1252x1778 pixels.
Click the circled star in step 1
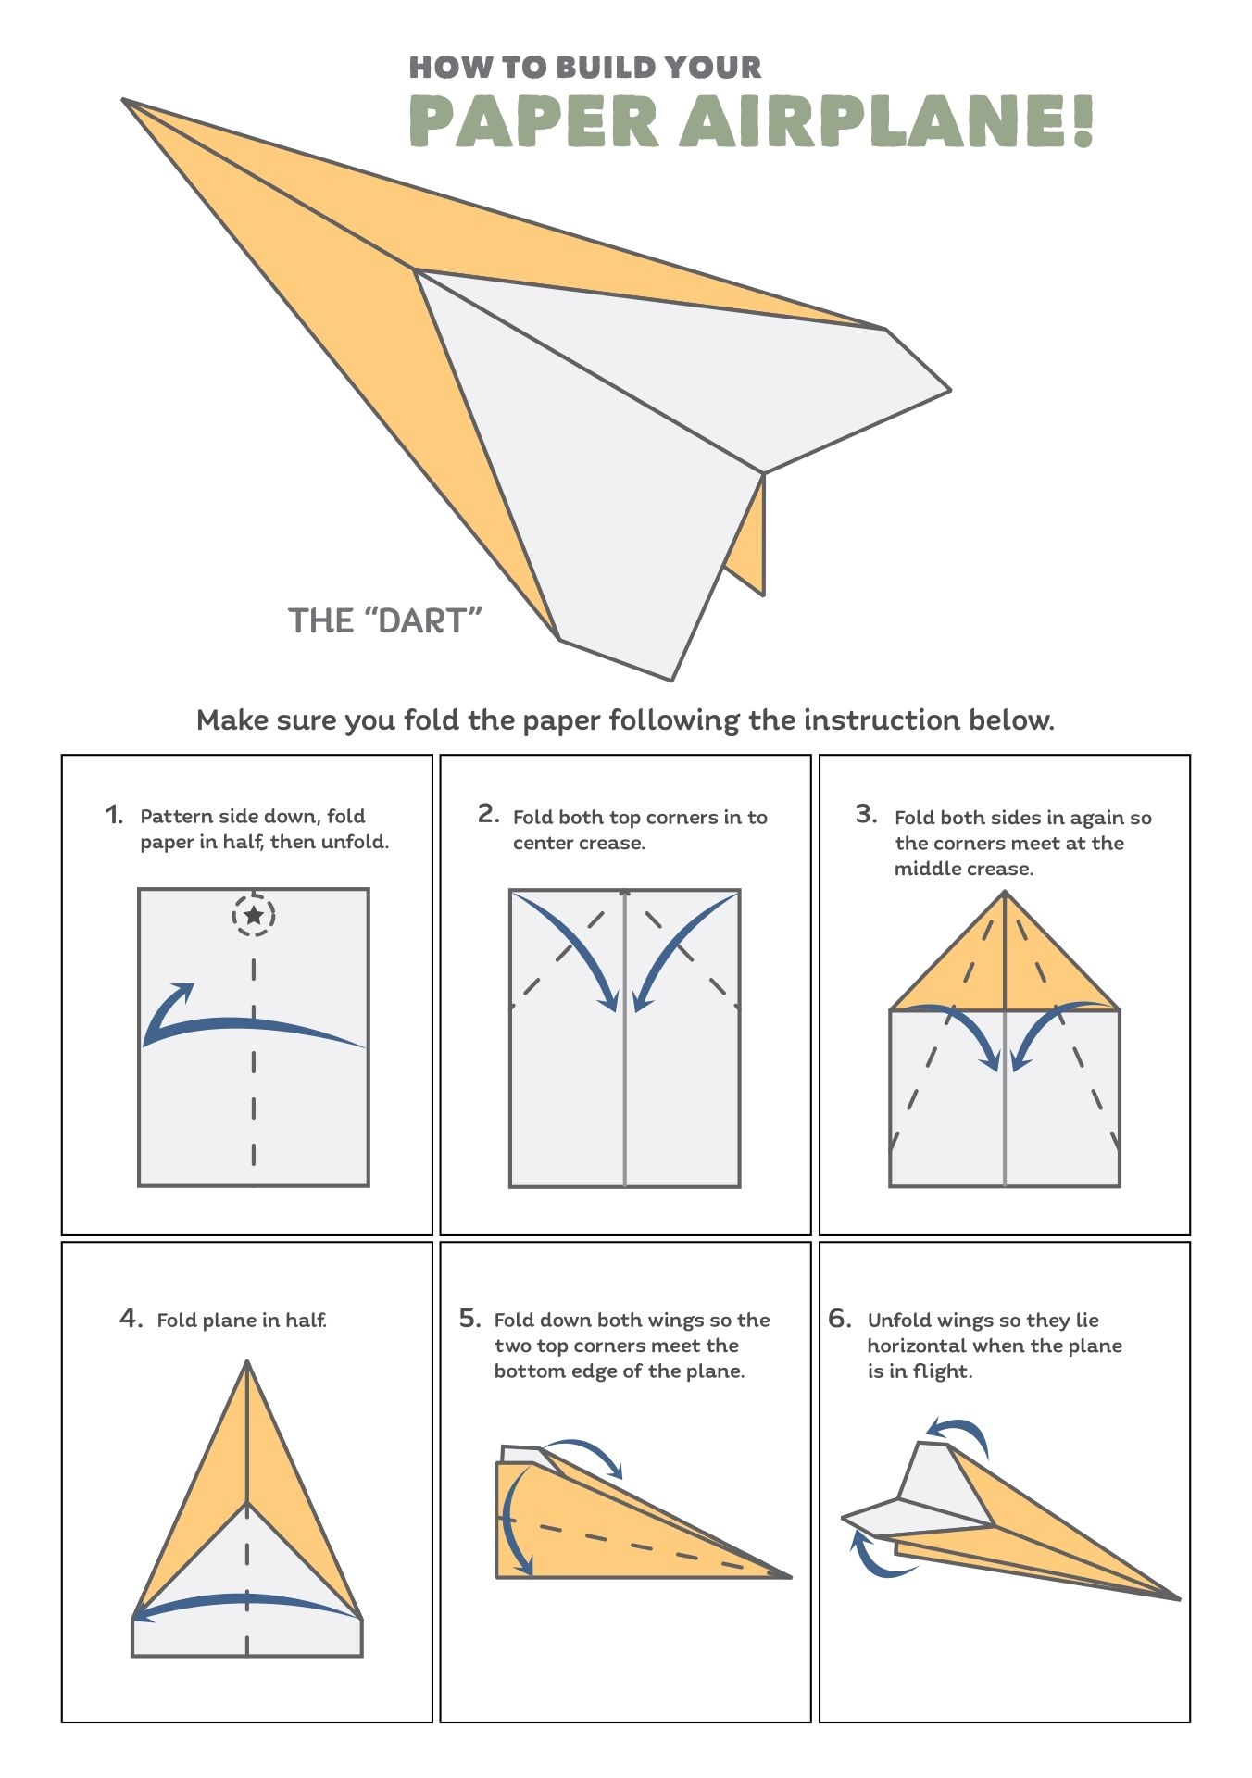point(254,916)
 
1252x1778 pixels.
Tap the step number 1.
point(113,815)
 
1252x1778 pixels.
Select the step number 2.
point(488,814)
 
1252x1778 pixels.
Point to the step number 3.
point(866,814)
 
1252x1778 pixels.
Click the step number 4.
point(131,1318)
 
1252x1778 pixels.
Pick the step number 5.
point(469,1318)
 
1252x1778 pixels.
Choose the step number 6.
point(839,1318)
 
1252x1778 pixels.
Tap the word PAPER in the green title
point(533,121)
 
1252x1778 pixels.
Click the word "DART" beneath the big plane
point(424,620)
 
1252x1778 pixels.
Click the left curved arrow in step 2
point(574,949)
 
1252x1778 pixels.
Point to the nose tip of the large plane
point(126,101)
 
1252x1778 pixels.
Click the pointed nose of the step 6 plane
point(1177,1597)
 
